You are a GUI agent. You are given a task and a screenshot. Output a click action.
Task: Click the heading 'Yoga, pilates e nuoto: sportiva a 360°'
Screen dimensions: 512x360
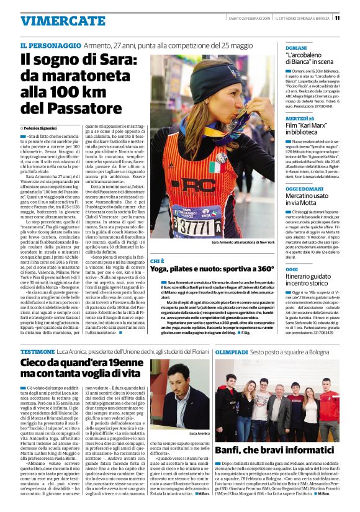[212, 269]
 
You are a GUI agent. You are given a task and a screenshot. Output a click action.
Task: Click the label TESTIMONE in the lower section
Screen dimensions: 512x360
[37, 351]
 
